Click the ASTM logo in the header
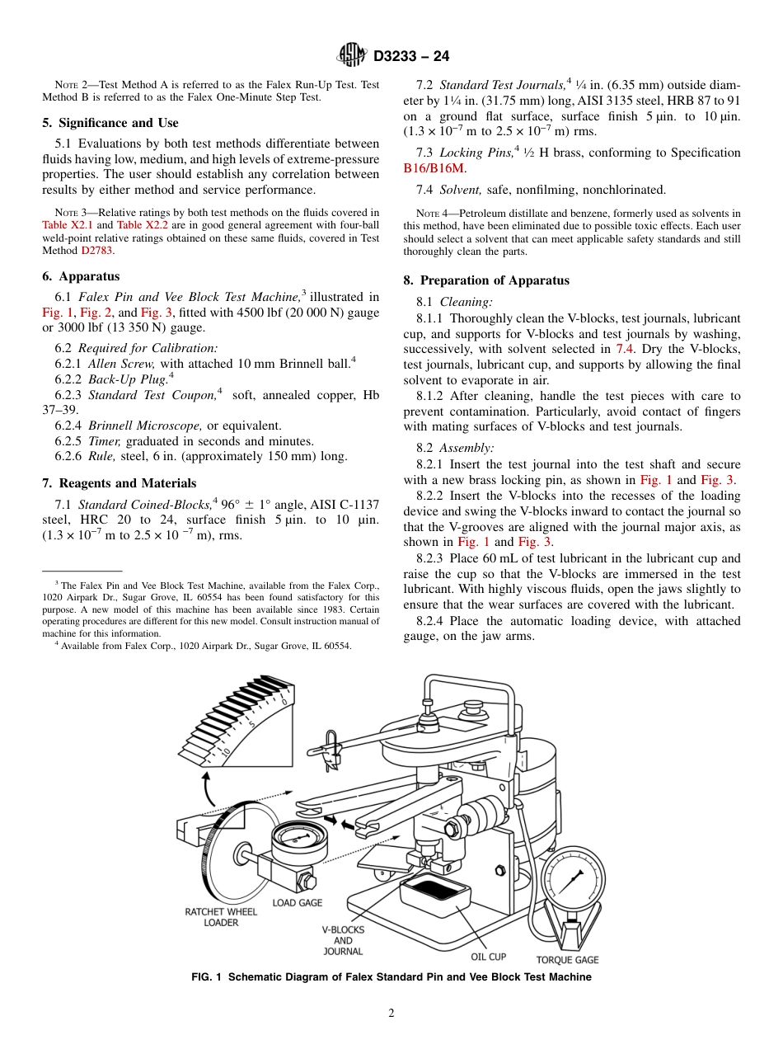(353, 55)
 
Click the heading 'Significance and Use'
(110, 123)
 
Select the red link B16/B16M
(434, 167)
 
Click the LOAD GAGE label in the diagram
(298, 903)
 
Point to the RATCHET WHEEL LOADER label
(221, 917)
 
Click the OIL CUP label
(488, 957)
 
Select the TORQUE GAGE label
(567, 960)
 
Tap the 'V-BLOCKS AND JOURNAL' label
(343, 940)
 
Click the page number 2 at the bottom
(391, 1014)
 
